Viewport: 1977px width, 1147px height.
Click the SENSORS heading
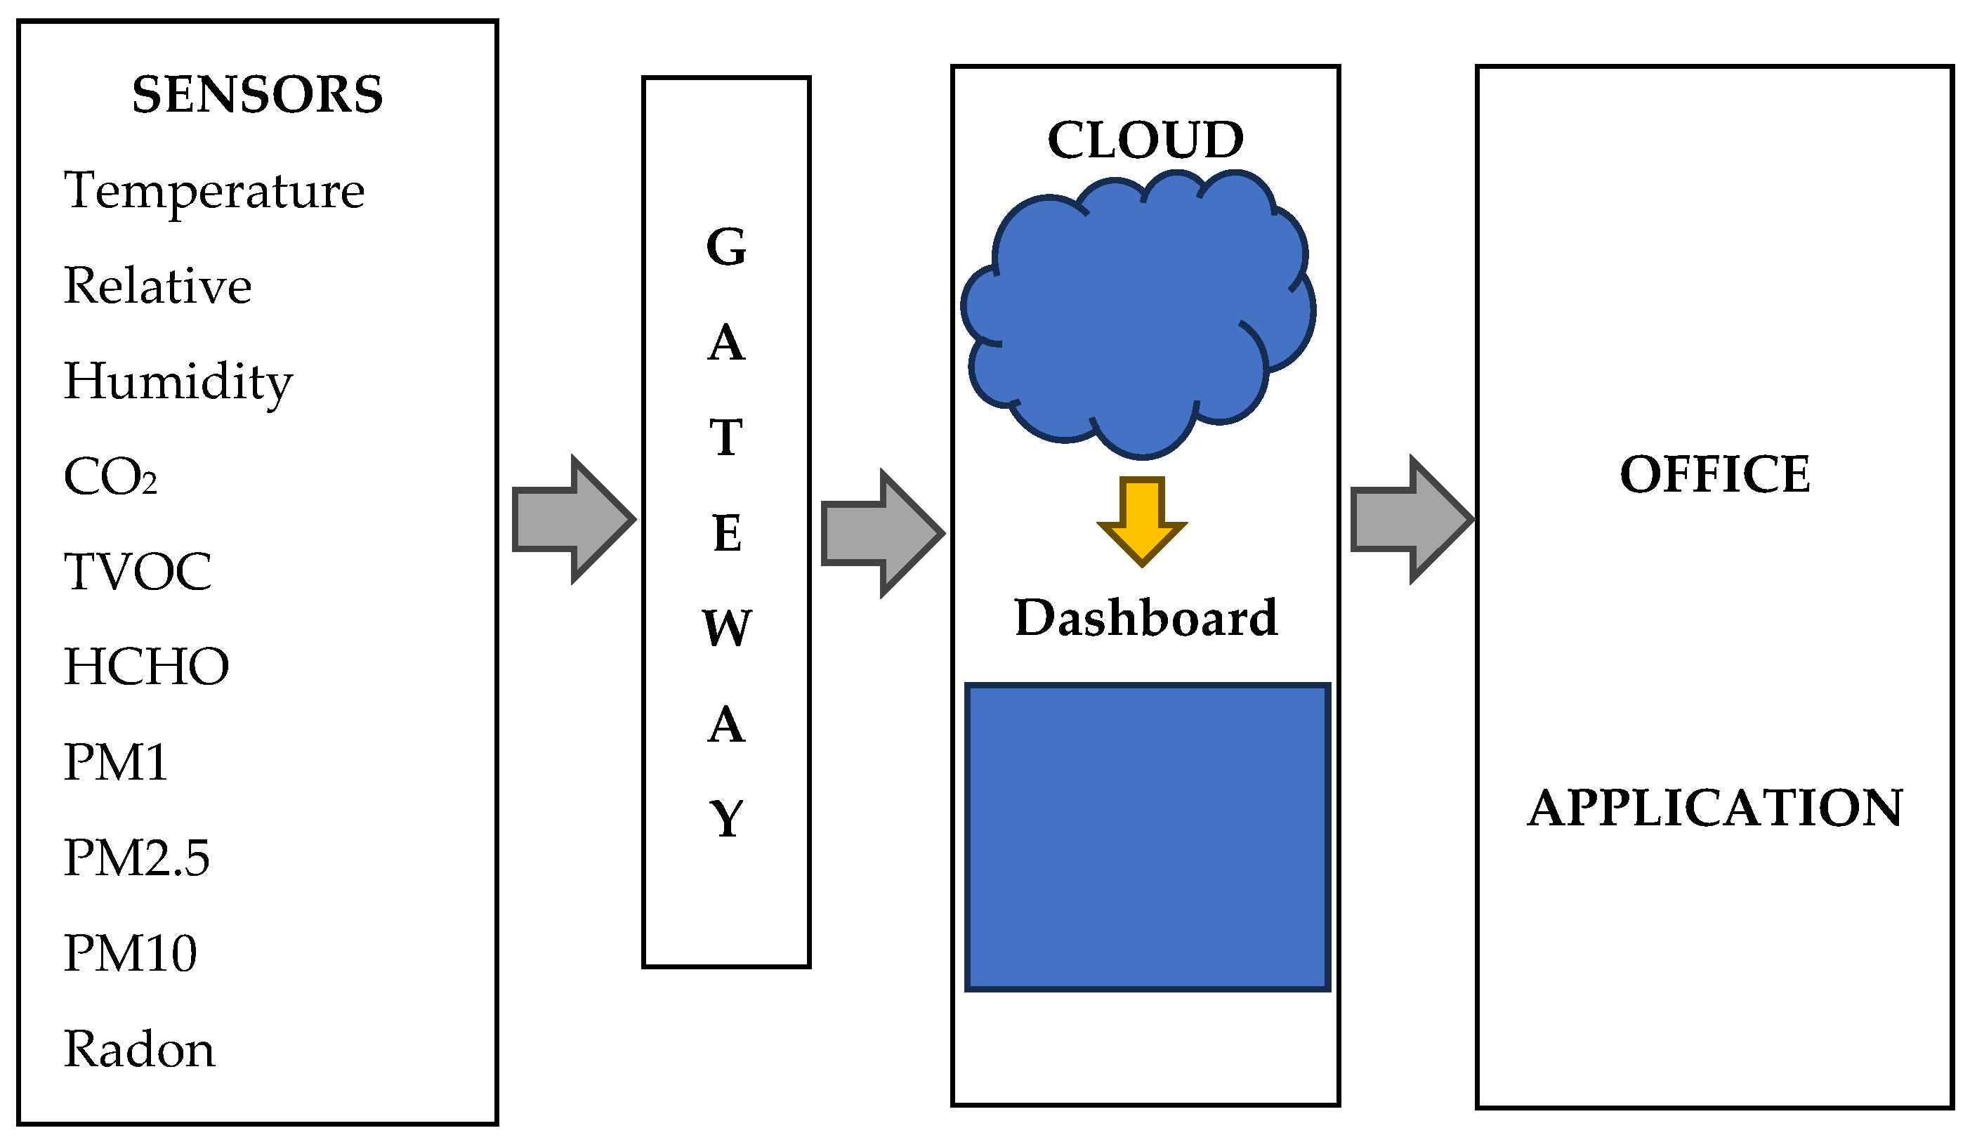[257, 95]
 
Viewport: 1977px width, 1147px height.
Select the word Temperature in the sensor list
[214, 190]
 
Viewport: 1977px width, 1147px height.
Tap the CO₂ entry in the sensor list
[110, 477]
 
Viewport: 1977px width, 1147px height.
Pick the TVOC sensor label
[137, 572]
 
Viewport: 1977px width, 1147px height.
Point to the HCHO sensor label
[146, 667]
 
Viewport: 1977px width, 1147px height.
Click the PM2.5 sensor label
[136, 858]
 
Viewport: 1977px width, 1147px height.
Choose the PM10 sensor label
[130, 953]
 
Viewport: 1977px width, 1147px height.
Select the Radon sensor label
[139, 1049]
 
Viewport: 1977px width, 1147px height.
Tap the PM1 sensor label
[115, 763]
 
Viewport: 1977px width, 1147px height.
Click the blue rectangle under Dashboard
[1147, 837]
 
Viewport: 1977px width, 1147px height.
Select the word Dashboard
[1145, 618]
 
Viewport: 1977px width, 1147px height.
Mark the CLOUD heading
[1145, 140]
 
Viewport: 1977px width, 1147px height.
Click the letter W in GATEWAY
[726, 629]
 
